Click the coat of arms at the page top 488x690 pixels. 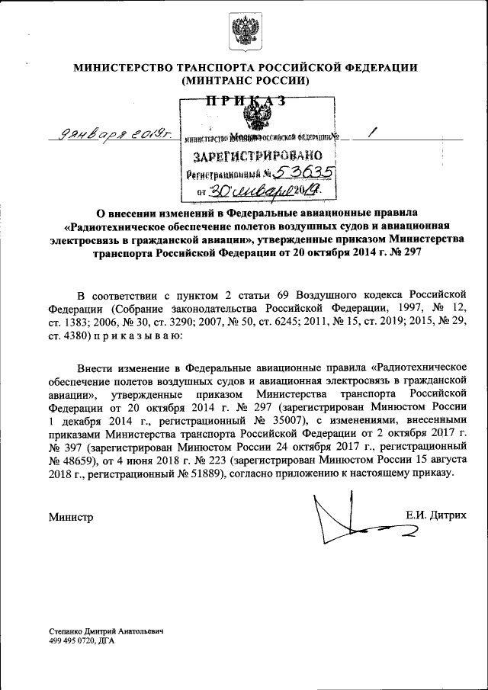245,33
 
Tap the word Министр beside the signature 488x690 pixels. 71,518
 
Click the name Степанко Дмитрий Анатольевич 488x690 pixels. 106,633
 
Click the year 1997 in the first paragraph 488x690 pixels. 388,306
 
